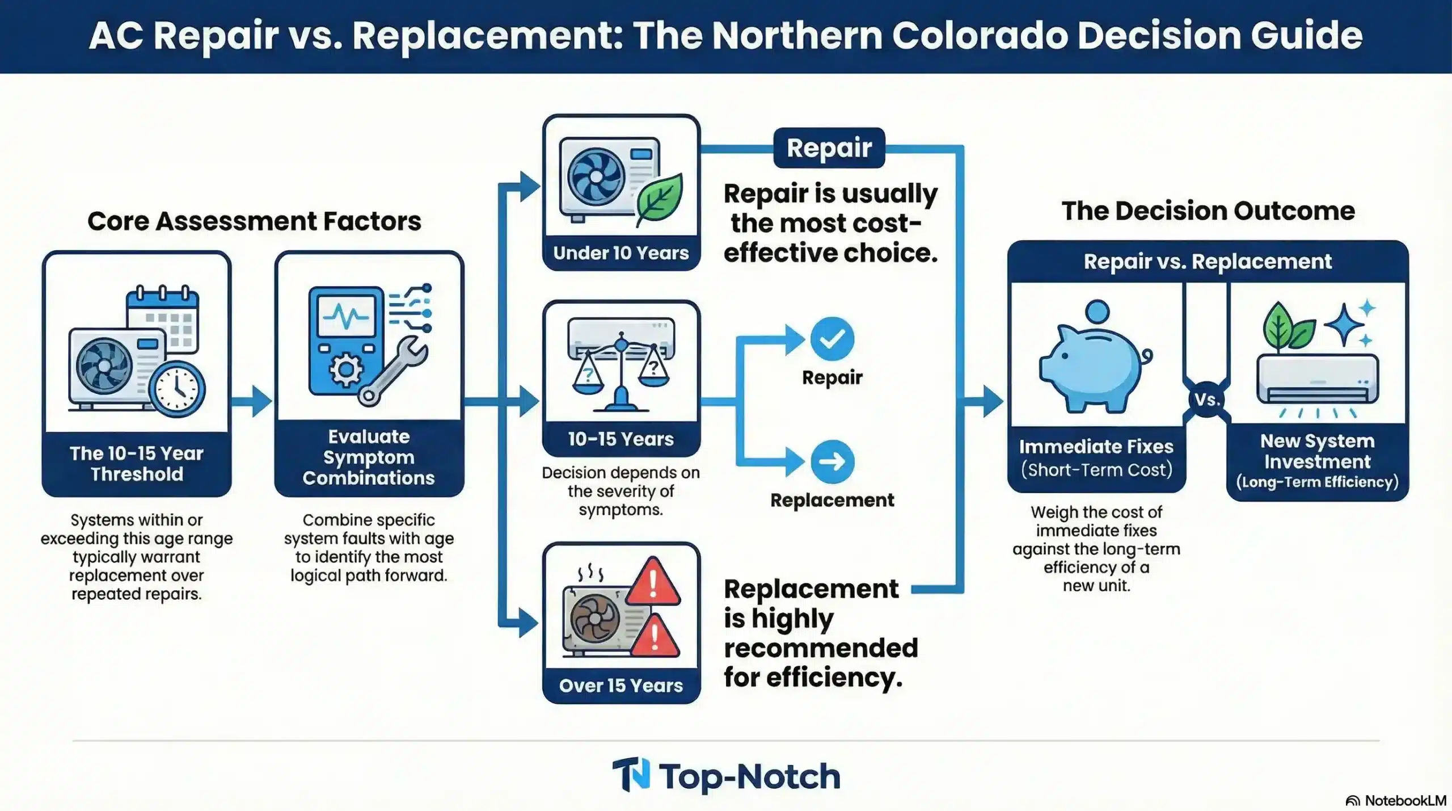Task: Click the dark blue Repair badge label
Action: click(829, 148)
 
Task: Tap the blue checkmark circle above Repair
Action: click(832, 339)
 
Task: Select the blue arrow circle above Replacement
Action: click(832, 461)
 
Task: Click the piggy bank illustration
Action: click(1092, 363)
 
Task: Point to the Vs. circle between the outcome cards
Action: click(1206, 400)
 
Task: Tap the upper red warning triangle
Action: click(653, 582)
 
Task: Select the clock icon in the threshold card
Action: click(177, 389)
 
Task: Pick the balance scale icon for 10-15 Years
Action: click(621, 369)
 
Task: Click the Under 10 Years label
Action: click(621, 253)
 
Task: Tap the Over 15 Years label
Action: click(621, 686)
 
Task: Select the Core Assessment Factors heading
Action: click(254, 221)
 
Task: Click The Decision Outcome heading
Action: click(1208, 211)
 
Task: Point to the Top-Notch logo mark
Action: click(631, 775)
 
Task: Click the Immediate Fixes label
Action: click(1096, 447)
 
